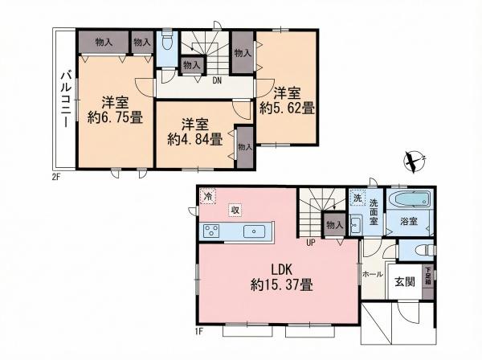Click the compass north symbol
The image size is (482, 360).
pos(414,161)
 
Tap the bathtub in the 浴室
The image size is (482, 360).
pos(411,200)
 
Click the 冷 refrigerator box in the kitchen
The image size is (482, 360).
pos(208,195)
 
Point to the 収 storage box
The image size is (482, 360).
pos(235,211)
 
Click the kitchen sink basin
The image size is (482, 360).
pos(254,231)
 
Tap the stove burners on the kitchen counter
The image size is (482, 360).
pos(212,231)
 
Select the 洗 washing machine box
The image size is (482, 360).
pos(357,198)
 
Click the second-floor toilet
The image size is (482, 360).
pos(167,43)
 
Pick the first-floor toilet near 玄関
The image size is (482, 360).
pos(425,249)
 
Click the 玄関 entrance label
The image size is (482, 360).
pos(405,281)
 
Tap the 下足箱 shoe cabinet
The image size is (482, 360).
pos(428,283)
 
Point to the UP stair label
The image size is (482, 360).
pos(311,243)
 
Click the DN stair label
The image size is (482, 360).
pos(217,81)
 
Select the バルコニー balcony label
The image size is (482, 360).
pos(67,99)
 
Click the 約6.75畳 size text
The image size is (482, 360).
pos(115,117)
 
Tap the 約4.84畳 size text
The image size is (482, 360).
pos(195,140)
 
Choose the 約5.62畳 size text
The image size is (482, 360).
pos(287,108)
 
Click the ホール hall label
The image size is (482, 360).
pos(373,274)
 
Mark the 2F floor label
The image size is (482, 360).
pos(55,177)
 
